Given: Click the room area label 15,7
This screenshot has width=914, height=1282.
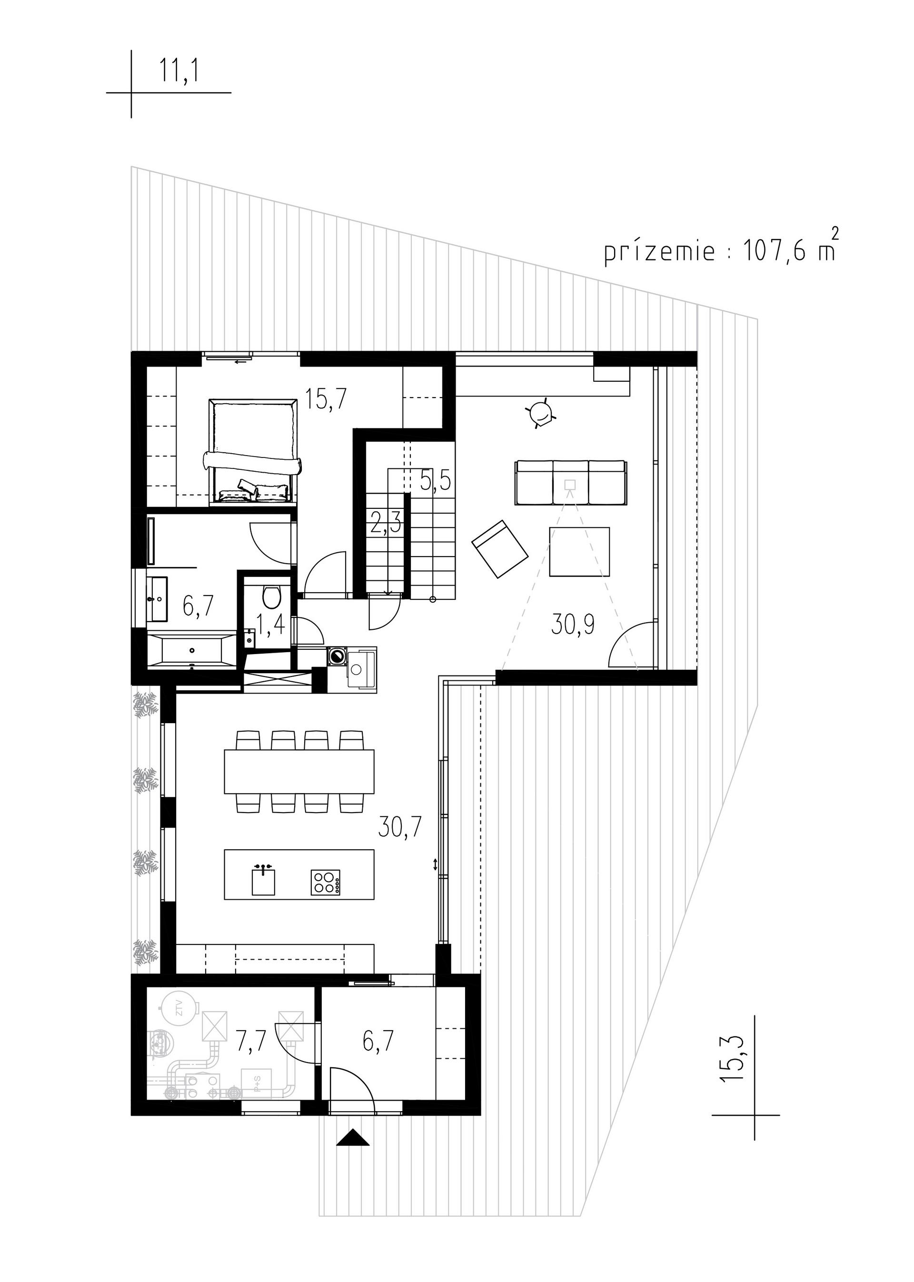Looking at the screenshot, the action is [x=327, y=399].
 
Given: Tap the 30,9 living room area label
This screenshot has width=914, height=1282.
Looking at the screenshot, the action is [x=573, y=625].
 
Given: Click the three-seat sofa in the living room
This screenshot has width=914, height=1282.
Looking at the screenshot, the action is [x=571, y=482].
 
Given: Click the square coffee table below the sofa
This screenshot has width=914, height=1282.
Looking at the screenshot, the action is [x=580, y=552].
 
